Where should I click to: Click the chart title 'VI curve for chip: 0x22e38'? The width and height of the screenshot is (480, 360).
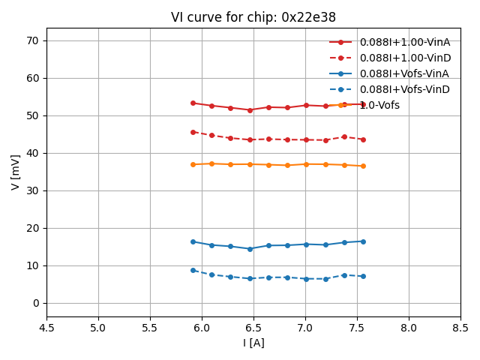pyautogui.click(x=253, y=17)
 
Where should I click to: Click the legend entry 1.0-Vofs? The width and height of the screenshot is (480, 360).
pyautogui.click(x=379, y=105)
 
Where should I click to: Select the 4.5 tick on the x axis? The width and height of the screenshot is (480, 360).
pyautogui.click(x=46, y=328)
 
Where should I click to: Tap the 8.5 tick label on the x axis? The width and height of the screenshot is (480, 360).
pyautogui.click(x=460, y=328)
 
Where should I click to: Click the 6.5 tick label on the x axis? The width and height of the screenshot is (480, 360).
pyautogui.click(x=253, y=328)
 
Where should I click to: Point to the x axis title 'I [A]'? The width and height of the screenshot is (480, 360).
pyautogui.click(x=253, y=343)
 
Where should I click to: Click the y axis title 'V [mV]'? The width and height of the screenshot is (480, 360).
pyautogui.click(x=16, y=173)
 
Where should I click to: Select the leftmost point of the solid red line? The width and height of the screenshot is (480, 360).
pyautogui.click(x=193, y=103)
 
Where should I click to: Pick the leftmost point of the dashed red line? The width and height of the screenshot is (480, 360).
pyautogui.click(x=193, y=132)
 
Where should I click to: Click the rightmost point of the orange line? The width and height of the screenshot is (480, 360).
pyautogui.click(x=363, y=166)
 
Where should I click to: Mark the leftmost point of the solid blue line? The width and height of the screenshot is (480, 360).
pyautogui.click(x=193, y=241)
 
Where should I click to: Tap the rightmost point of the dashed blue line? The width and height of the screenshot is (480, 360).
pyautogui.click(x=363, y=276)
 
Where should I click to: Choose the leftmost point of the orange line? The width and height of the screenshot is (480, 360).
pyautogui.click(x=193, y=164)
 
